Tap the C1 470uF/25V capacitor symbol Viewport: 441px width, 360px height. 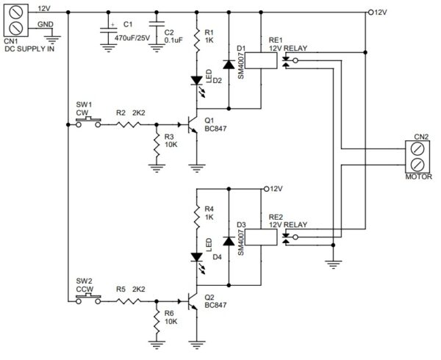click(110, 32)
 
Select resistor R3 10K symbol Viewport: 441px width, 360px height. click(156, 146)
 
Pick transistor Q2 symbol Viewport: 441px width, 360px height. click(193, 301)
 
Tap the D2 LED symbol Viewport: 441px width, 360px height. click(197, 81)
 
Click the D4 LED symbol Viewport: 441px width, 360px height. click(197, 257)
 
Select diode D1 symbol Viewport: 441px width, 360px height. click(228, 65)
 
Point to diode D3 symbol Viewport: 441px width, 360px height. click(228, 241)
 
